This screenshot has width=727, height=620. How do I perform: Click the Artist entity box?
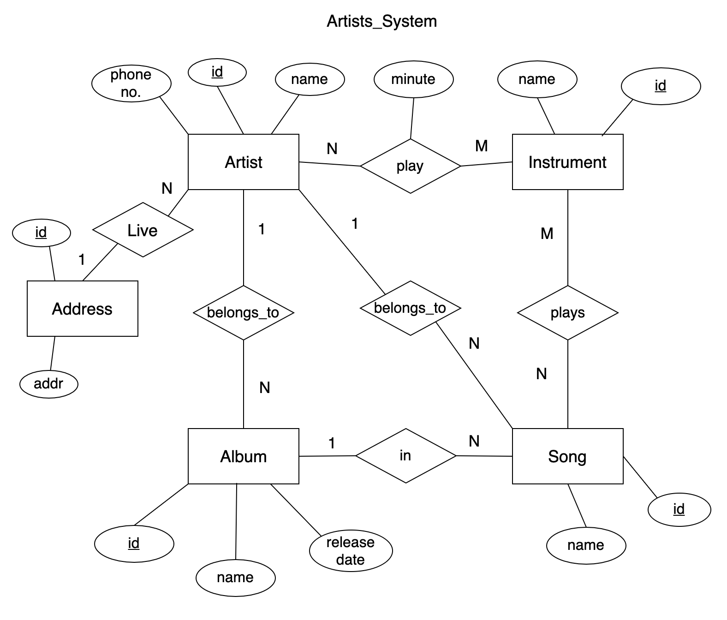(x=243, y=162)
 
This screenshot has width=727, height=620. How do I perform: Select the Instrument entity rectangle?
(x=567, y=162)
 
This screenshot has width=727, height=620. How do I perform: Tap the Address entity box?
(x=82, y=309)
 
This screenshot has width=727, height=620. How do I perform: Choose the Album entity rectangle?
(x=243, y=456)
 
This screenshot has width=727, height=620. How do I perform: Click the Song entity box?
(x=567, y=456)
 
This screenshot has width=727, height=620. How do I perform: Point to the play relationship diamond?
(x=410, y=166)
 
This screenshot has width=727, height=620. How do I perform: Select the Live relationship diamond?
(x=143, y=230)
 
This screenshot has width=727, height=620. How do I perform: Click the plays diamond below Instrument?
(x=567, y=313)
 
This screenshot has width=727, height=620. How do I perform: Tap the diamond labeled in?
(x=405, y=456)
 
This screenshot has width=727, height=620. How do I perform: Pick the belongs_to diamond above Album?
(x=243, y=313)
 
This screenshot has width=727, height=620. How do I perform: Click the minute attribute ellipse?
(x=413, y=79)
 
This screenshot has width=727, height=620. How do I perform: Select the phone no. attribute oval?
(x=131, y=83)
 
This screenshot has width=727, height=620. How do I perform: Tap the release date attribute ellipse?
(x=351, y=551)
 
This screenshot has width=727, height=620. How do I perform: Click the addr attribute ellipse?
(x=49, y=383)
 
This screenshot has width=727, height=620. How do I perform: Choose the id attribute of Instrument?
(x=660, y=86)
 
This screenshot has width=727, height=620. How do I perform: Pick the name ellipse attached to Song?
(x=586, y=545)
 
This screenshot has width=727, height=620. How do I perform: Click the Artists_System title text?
(x=381, y=21)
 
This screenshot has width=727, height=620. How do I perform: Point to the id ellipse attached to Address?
(x=41, y=232)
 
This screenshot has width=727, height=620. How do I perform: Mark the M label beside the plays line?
(x=547, y=234)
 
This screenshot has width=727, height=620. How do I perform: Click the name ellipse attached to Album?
(x=235, y=578)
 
